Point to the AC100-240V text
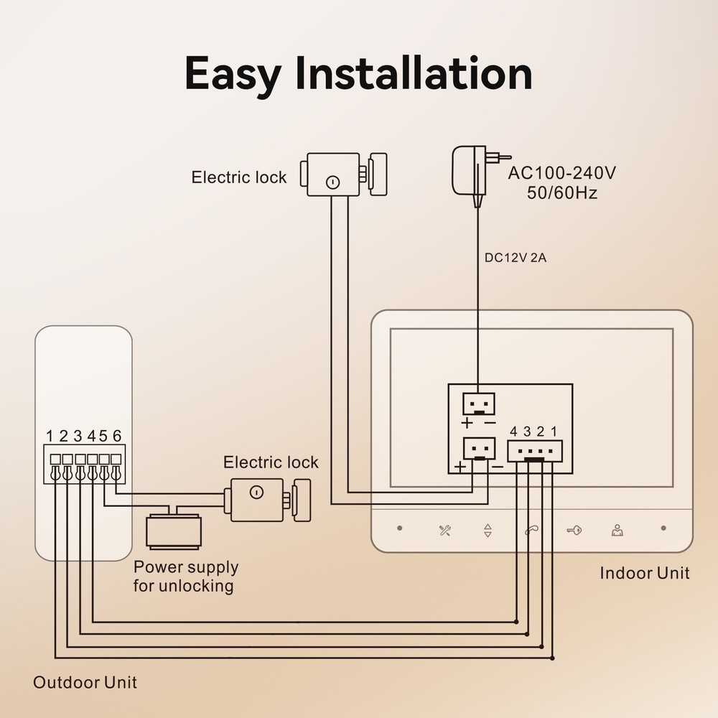[x=562, y=173]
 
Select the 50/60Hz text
[x=562, y=192]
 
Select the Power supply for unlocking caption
[x=185, y=576]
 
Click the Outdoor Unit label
[x=85, y=681]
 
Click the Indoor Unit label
[x=644, y=572]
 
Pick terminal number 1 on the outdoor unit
[x=50, y=436]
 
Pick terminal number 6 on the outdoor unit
[x=116, y=436]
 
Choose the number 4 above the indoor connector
[x=514, y=432]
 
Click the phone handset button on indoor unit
[x=531, y=531]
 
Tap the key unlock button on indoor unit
[x=574, y=531]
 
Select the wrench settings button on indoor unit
[x=445, y=531]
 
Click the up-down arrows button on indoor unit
[x=488, y=531]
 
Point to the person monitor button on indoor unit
[x=617, y=531]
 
